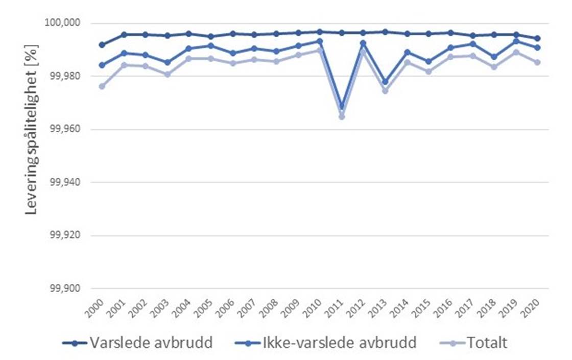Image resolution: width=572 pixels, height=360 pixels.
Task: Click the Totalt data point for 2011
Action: tap(342, 116)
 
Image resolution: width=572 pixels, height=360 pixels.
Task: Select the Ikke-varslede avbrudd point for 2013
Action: tap(385, 82)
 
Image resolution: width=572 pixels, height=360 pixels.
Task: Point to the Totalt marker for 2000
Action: tap(102, 86)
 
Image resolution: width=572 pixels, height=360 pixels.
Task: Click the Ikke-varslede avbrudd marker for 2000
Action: tap(102, 65)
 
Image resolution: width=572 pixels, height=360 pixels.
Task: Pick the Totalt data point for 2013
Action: tap(385, 91)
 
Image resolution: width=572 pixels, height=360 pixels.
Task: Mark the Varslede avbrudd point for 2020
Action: tap(537, 38)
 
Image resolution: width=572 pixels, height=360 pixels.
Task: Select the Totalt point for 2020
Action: tap(537, 62)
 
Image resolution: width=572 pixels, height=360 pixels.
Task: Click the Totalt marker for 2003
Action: tap(167, 74)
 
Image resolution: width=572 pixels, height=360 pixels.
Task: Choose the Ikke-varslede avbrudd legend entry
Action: tap(325, 343)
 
